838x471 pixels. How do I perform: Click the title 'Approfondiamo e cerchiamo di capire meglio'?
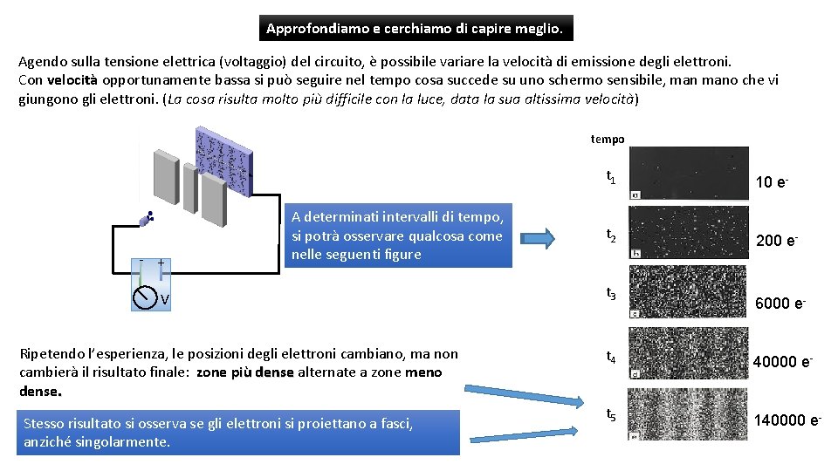pos(416,29)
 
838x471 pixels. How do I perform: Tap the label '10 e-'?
pos(772,182)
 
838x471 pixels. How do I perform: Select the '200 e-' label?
pos(775,241)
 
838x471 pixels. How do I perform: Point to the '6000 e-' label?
pos(780,303)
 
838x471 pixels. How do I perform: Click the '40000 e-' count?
pos(782,362)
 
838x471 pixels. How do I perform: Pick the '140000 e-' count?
pos(787,421)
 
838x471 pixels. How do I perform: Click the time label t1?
pos(611,178)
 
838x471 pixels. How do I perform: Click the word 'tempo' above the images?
pos(608,139)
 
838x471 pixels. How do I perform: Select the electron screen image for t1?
pos(689,173)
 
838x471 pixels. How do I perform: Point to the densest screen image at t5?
pos(689,413)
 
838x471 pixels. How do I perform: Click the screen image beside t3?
pos(689,291)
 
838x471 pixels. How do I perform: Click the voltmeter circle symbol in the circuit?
pos(144,298)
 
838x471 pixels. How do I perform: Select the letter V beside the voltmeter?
pos(164,301)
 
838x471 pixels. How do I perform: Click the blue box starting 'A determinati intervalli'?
pos(397,235)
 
